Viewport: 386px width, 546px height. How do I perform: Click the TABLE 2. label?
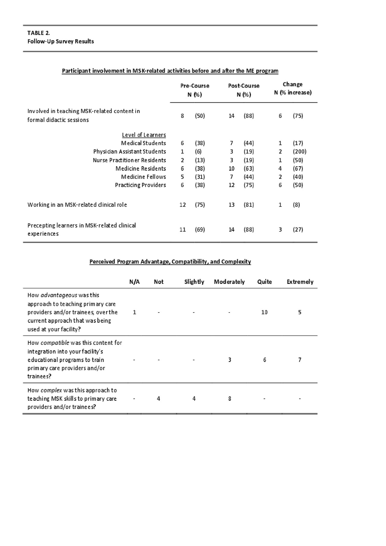click(39, 33)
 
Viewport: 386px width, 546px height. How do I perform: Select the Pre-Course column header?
click(195, 86)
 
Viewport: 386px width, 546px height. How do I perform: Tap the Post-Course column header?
click(244, 86)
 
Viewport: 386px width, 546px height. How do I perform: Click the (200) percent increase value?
click(299, 151)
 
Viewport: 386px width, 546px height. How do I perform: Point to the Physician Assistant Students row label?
click(129, 151)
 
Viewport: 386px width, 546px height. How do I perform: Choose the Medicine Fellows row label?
click(143, 177)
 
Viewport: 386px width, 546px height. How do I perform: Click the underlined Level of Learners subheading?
click(144, 135)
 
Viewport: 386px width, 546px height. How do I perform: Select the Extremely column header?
click(300, 282)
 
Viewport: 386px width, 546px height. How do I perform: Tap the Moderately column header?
click(229, 282)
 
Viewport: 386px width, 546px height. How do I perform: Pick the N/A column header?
click(134, 282)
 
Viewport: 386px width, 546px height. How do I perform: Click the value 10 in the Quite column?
click(264, 312)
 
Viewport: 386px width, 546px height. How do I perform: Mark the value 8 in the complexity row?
click(229, 399)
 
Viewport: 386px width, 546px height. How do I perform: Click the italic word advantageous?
click(59, 295)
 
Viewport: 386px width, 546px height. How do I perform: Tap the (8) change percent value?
click(296, 205)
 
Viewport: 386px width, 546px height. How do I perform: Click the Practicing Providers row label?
click(140, 185)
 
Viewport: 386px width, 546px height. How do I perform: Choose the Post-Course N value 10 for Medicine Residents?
click(231, 168)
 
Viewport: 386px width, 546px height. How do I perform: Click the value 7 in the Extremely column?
click(299, 360)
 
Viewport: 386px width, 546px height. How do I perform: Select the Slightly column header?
click(194, 282)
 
